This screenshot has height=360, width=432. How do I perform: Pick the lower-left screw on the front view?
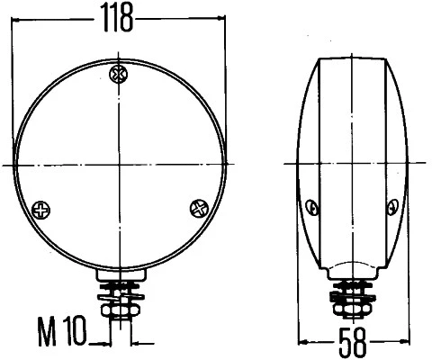(40, 210)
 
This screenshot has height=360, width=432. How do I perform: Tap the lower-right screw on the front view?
(197, 208)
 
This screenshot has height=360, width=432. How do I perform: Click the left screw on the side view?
(312, 209)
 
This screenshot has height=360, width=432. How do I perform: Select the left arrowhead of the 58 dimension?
(303, 341)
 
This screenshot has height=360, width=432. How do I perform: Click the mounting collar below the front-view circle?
(121, 274)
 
